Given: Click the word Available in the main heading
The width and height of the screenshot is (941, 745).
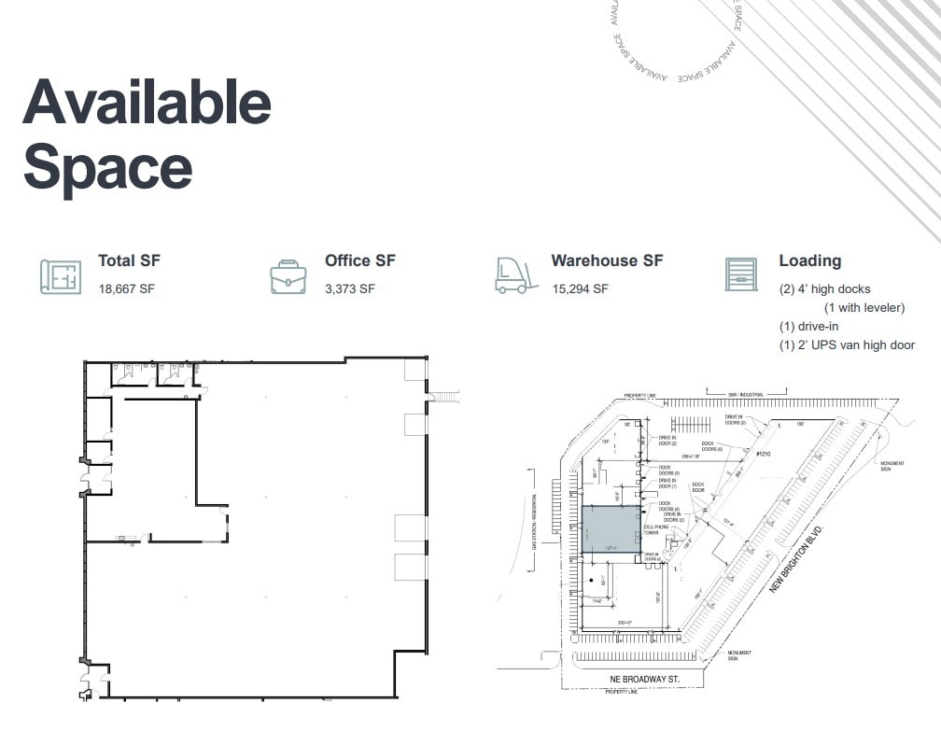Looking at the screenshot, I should click(147, 103).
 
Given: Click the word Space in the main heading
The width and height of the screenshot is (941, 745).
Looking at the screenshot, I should click(107, 168).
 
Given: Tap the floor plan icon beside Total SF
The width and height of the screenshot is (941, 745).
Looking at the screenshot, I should click(61, 276).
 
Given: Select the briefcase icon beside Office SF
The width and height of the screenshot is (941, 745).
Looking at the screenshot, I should click(288, 276).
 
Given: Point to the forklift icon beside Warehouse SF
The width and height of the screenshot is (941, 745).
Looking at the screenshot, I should click(516, 275).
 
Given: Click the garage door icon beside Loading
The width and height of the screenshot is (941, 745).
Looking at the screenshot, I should click(741, 274).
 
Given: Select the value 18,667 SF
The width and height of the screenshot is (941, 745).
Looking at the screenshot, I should click(126, 289).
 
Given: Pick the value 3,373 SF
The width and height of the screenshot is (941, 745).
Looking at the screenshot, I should click(350, 289).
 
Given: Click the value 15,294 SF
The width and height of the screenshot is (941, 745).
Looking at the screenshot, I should click(580, 289).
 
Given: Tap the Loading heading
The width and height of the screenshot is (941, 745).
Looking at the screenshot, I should click(809, 261).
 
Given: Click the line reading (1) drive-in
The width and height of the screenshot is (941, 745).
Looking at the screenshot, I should click(809, 327).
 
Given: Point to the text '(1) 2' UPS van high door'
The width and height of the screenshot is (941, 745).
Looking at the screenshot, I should click(847, 345).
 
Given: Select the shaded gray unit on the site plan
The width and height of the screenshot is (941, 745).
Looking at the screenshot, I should click(611, 529).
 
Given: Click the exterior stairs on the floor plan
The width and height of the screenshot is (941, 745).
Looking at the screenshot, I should click(445, 398).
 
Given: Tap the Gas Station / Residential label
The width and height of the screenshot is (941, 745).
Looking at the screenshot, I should click(535, 521).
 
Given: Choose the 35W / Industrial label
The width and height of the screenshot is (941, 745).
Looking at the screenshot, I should click(744, 395).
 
